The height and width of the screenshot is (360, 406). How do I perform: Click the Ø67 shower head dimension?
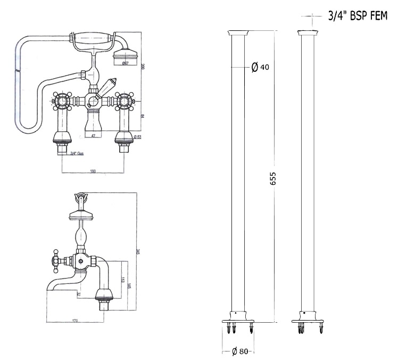pyautogui.click(x=126, y=64)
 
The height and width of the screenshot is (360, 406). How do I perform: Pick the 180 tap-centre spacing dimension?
pyautogui.click(x=93, y=171)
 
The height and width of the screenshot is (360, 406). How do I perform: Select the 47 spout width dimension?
pyautogui.click(x=93, y=137)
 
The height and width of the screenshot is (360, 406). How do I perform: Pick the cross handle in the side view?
pyautogui.click(x=54, y=259)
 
